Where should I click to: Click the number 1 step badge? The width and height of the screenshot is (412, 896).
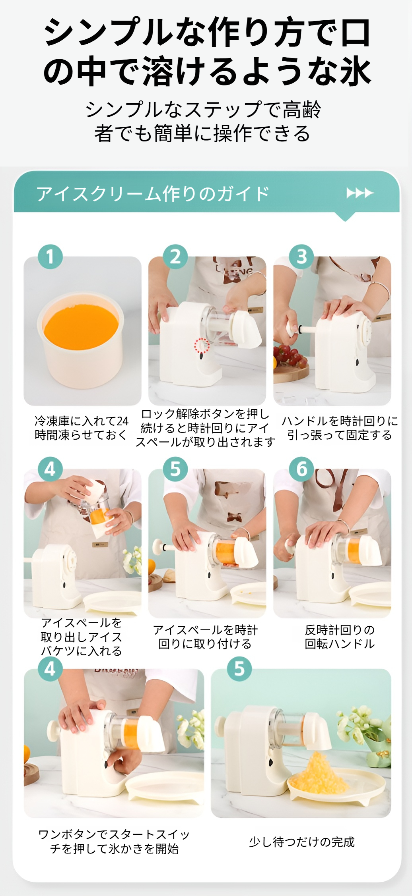(x=50, y=257)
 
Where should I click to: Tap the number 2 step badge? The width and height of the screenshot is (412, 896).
(x=175, y=257)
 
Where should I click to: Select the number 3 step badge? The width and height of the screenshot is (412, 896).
(x=301, y=257)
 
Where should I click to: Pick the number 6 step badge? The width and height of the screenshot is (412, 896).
(x=301, y=469)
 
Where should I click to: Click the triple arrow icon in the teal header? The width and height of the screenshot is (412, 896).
(x=360, y=193)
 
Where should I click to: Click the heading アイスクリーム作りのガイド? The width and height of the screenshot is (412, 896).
(x=153, y=194)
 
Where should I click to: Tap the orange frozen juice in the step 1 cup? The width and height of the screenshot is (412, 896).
(x=81, y=326)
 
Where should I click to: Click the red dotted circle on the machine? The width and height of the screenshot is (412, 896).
(x=202, y=345)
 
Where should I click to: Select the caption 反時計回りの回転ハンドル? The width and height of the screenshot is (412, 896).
(x=340, y=637)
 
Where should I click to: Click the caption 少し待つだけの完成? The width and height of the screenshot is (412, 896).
(x=301, y=842)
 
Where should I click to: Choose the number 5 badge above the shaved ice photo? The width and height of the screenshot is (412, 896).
(x=239, y=669)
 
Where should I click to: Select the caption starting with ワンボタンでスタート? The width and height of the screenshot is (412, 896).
(x=114, y=842)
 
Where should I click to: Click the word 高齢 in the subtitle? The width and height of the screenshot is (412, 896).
(x=302, y=110)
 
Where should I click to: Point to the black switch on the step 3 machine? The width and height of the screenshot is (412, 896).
(x=357, y=362)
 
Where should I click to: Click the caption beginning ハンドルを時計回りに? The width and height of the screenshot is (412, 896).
(x=340, y=428)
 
